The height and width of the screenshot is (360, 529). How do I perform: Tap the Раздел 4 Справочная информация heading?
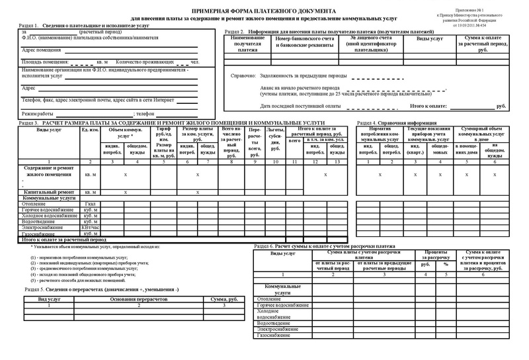[x=397, y=123]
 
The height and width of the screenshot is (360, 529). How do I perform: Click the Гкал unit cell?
[x=91, y=204]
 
